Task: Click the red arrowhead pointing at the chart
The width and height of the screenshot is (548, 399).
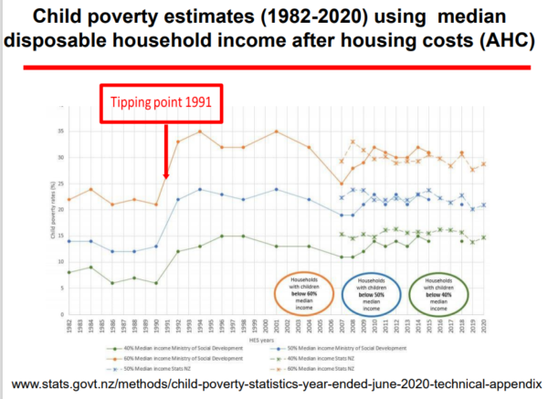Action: coord(166,176)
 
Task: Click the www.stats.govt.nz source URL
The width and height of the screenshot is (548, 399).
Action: coord(272,381)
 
